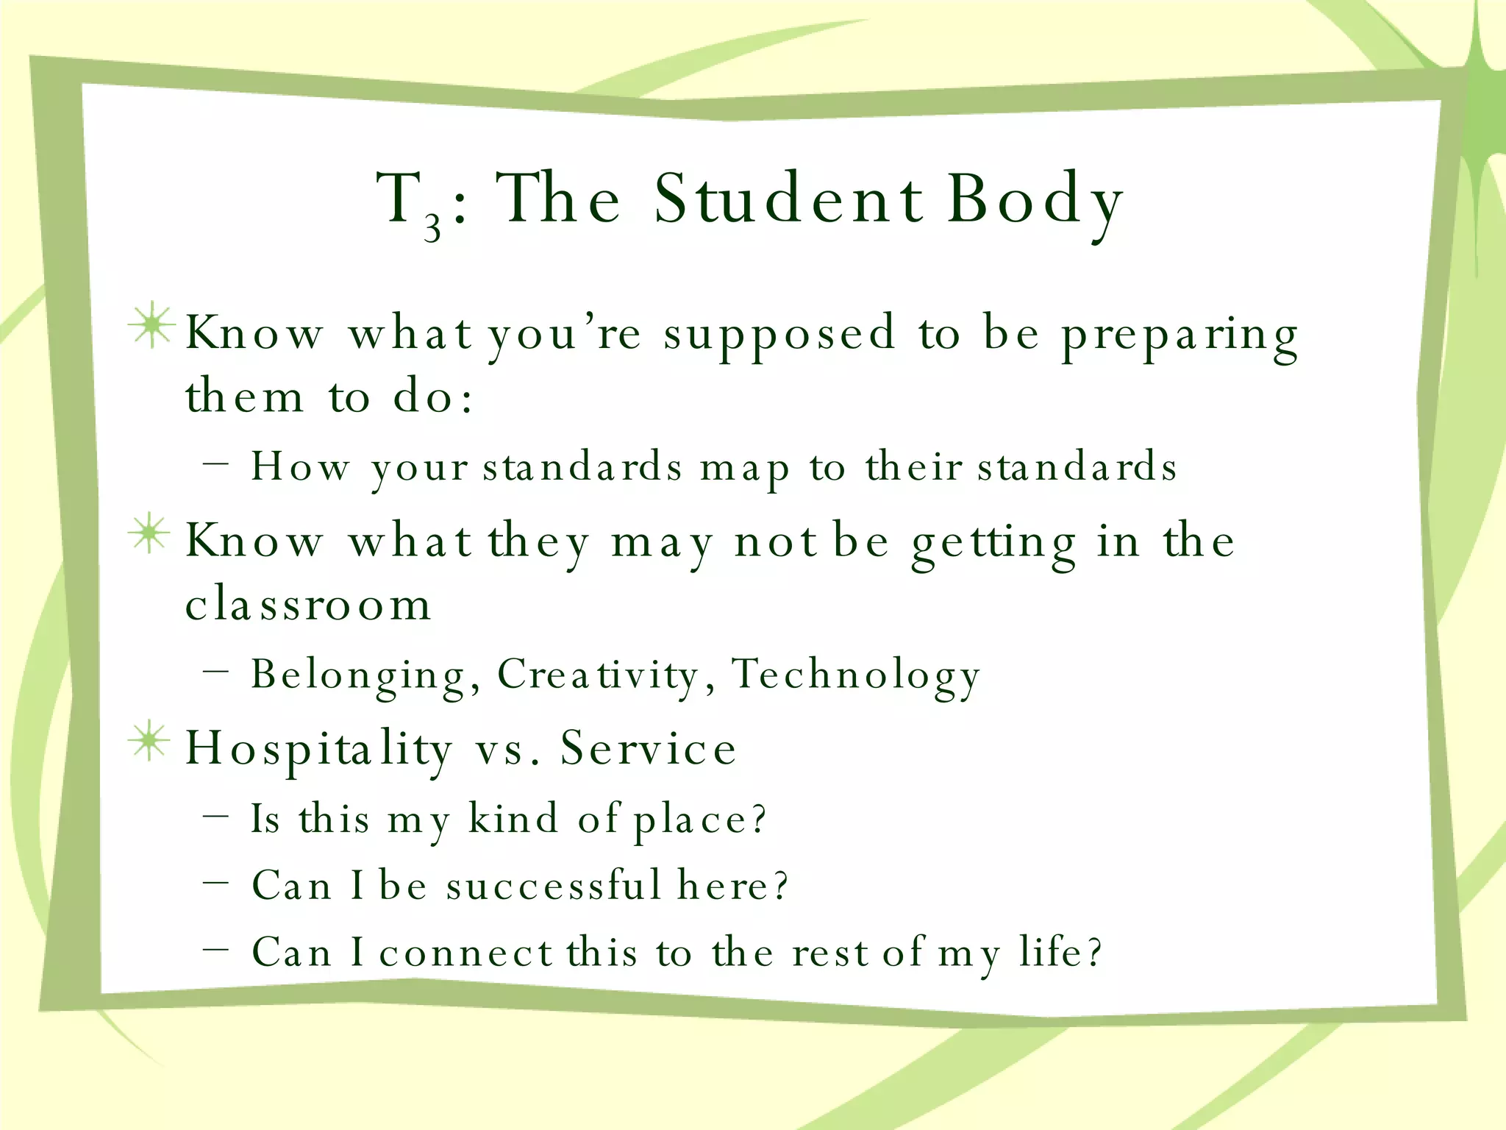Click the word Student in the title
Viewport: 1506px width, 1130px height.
(788, 199)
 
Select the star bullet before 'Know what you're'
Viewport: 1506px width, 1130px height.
(151, 325)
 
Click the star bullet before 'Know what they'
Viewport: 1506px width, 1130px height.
(149, 533)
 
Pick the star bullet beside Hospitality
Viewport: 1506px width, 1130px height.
(149, 741)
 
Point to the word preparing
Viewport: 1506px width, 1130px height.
(1180, 337)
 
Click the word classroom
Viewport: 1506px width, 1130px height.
(308, 605)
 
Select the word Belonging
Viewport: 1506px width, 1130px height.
(359, 675)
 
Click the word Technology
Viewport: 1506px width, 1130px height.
(856, 675)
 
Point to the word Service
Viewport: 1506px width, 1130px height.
(648, 749)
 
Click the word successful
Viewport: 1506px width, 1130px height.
(554, 885)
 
